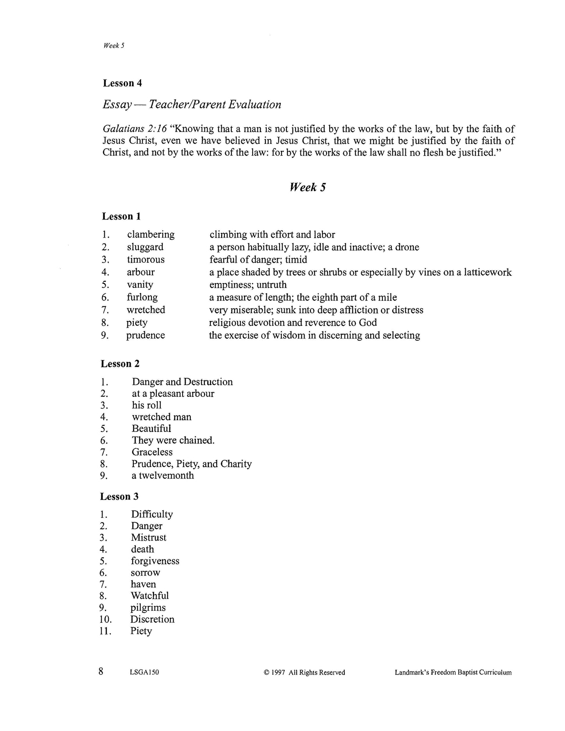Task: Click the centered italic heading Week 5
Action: (308, 188)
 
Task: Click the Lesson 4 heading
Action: (122, 83)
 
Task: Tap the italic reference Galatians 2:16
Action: (135, 129)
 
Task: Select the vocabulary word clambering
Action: (151, 235)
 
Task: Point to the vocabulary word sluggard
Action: (145, 247)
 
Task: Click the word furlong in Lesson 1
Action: (142, 297)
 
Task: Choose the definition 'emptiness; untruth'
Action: (248, 285)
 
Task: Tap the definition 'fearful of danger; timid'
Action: (258, 260)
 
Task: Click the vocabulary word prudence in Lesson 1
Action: (145, 335)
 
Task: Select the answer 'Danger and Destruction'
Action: (182, 382)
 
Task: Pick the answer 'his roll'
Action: (147, 405)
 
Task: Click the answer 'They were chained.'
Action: (173, 441)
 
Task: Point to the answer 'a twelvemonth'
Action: (163, 476)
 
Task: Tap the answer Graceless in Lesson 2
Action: (152, 452)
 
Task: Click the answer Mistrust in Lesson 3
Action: (149, 538)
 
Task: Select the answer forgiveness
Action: (155, 561)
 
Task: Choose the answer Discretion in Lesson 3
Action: (152, 620)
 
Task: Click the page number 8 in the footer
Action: (101, 672)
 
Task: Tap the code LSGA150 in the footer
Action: (143, 673)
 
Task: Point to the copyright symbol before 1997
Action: (267, 673)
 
